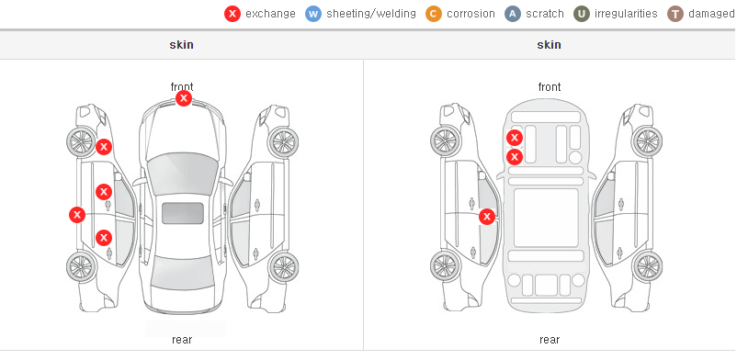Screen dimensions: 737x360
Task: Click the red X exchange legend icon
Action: (x=232, y=14)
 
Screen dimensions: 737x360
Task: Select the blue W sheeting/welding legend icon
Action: (x=313, y=14)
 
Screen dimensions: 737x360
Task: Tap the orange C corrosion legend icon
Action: (x=434, y=14)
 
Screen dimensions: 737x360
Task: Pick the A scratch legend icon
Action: (x=513, y=14)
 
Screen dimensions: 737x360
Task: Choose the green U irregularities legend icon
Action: (x=582, y=14)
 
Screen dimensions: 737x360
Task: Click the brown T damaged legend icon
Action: (x=675, y=14)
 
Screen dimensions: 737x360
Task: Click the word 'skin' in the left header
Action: (x=181, y=45)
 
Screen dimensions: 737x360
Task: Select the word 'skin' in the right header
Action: (x=549, y=45)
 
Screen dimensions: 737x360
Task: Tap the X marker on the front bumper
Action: (x=184, y=98)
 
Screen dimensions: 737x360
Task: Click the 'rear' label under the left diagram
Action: (x=182, y=340)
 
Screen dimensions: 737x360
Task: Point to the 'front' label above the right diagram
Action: (x=550, y=87)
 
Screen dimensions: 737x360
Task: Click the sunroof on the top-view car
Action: (x=183, y=213)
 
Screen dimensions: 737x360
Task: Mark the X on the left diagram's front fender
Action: (x=104, y=147)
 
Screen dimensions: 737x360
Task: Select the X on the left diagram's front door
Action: (x=104, y=192)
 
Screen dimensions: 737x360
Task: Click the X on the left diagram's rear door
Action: (x=104, y=238)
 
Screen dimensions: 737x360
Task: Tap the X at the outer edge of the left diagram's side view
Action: (x=77, y=215)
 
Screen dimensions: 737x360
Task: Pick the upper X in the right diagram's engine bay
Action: (x=515, y=138)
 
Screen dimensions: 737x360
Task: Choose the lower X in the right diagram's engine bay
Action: (x=515, y=156)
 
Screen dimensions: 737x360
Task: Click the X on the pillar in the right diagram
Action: (x=487, y=217)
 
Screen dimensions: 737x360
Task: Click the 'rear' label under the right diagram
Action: (x=550, y=340)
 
